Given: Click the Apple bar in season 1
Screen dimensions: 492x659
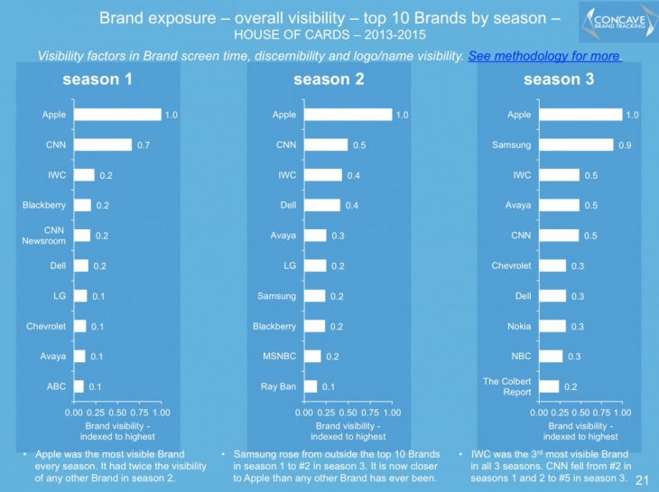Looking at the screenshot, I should (117, 115).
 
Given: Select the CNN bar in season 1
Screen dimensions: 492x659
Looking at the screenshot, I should (103, 144).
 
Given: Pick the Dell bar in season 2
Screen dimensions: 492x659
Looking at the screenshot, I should (323, 205).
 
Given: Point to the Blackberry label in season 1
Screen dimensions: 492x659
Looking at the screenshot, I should (44, 205).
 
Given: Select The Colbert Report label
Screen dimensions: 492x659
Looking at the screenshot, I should (506, 386).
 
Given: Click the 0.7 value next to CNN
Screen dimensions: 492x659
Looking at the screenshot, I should (144, 144).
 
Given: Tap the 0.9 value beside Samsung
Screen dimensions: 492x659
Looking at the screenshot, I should (625, 144).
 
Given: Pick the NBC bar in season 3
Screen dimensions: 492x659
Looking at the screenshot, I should (551, 356).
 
